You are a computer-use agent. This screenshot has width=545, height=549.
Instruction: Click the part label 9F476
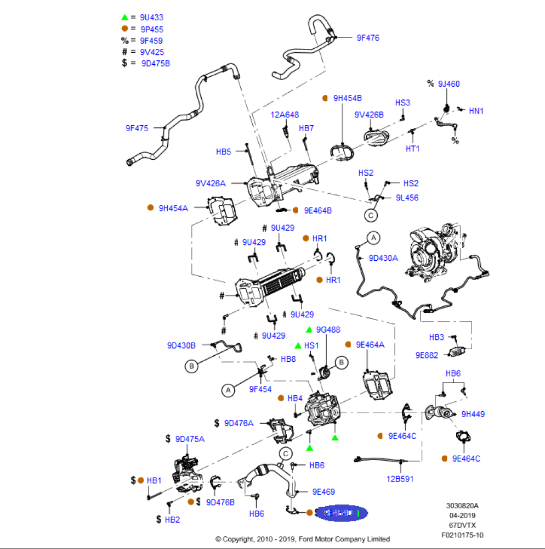368,38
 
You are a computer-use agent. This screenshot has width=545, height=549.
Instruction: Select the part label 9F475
137,128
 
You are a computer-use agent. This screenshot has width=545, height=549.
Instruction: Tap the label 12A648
285,115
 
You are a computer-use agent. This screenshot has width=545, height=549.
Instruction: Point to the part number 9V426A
210,183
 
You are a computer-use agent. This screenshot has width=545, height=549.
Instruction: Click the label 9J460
449,84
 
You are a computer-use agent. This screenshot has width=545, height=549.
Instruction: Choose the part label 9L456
407,198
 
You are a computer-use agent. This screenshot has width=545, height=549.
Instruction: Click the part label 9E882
427,355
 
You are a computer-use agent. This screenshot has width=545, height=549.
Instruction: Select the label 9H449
473,414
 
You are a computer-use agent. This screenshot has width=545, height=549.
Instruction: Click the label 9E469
323,492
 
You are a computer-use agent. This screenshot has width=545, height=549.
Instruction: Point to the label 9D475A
190,439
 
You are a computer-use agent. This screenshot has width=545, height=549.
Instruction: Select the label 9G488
328,330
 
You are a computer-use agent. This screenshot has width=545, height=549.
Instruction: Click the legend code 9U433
151,18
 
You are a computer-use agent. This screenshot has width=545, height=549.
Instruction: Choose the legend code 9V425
151,52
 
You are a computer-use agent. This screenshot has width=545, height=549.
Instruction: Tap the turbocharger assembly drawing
433,252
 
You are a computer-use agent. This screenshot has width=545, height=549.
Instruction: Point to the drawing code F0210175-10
463,535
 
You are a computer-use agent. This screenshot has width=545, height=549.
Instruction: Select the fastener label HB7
306,128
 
